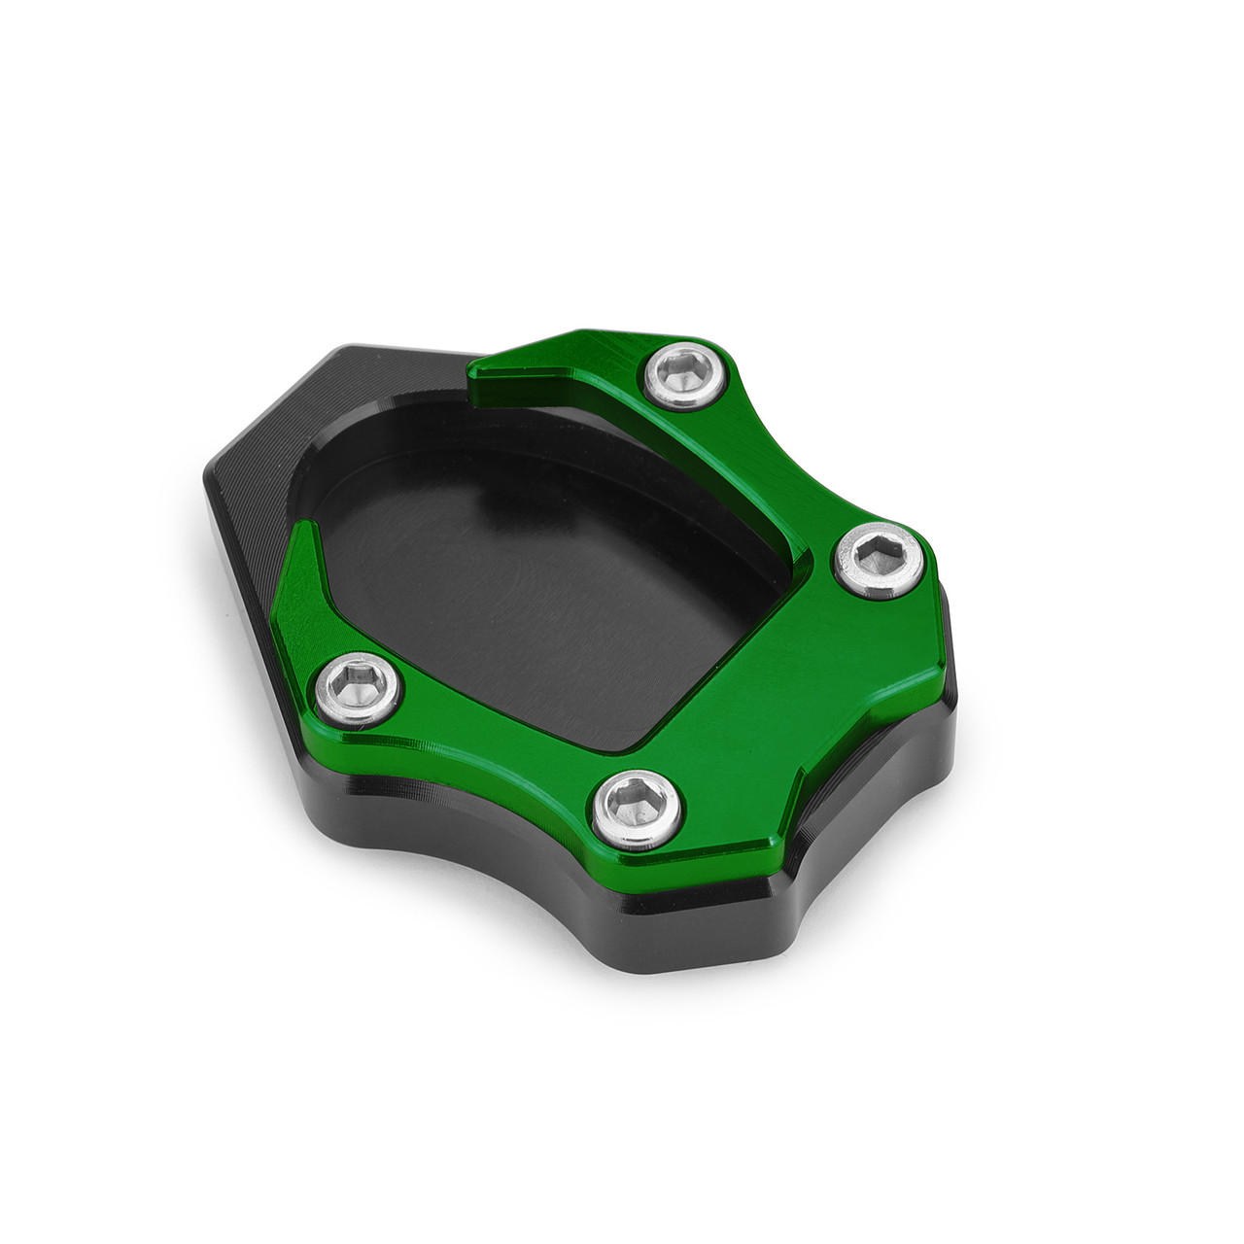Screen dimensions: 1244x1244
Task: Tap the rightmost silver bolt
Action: click(880, 561)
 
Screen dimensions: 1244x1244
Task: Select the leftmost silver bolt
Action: click(359, 688)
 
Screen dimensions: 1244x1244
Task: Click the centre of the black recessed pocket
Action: click(544, 564)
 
